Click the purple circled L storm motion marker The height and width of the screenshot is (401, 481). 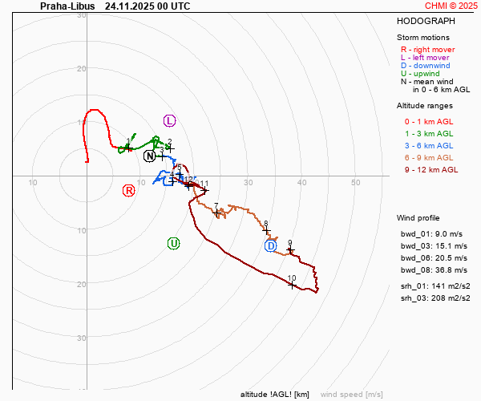(x=169, y=120)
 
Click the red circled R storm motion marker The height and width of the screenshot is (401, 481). (x=128, y=190)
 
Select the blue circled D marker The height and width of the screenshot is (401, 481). (x=271, y=245)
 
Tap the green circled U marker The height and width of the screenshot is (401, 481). (x=173, y=243)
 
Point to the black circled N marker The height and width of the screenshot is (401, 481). (x=150, y=156)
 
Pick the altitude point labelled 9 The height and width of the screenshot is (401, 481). (x=290, y=251)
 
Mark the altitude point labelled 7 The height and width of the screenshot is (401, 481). (x=217, y=213)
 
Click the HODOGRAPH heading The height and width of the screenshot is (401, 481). (x=424, y=21)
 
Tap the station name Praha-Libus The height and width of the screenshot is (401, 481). (x=67, y=6)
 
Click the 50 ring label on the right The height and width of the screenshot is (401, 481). (x=355, y=183)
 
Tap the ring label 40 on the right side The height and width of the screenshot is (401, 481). (x=301, y=183)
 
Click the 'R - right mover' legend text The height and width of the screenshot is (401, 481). (x=428, y=50)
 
